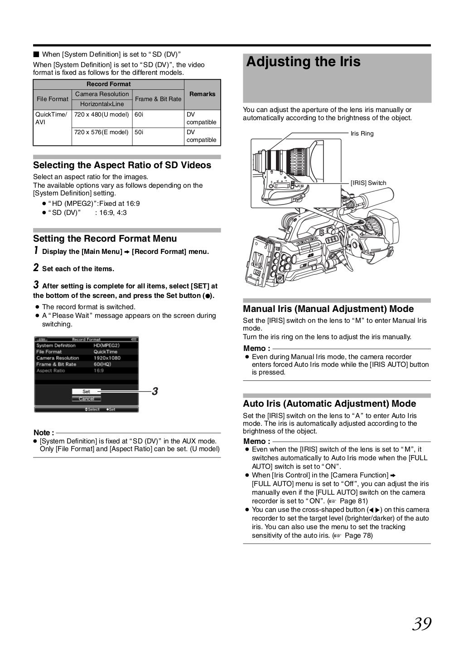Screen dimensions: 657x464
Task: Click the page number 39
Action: click(421, 624)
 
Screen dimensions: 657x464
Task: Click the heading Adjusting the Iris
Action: click(303, 62)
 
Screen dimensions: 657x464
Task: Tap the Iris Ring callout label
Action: click(362, 134)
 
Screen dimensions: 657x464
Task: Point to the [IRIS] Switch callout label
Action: click(368, 183)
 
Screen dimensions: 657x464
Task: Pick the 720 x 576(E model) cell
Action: click(101, 132)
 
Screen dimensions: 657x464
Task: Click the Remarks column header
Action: click(202, 94)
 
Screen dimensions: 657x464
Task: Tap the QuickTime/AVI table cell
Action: click(52, 118)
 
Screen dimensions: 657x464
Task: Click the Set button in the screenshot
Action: click(86, 391)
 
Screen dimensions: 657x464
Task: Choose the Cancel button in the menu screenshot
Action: click(86, 399)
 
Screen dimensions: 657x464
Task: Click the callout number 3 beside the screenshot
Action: click(155, 391)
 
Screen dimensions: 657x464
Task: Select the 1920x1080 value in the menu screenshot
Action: click(107, 358)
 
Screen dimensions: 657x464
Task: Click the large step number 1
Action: click(36, 251)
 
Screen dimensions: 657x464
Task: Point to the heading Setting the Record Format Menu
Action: click(105, 238)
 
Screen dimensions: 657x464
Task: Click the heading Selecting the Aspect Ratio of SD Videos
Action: click(122, 165)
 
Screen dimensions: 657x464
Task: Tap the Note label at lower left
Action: click(43, 433)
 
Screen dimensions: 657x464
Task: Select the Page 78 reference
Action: click(358, 535)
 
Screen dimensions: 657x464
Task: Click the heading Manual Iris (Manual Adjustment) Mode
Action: click(328, 309)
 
